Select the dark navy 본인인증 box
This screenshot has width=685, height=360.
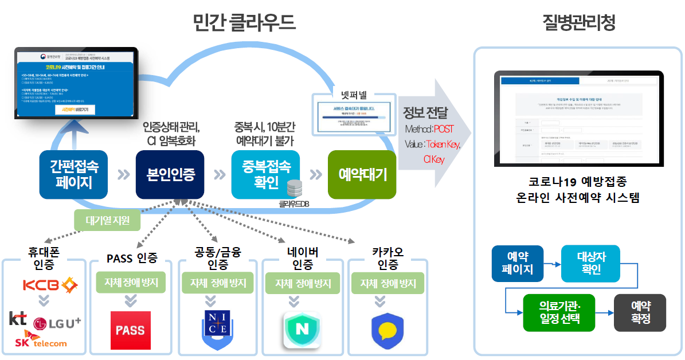[x=170, y=175]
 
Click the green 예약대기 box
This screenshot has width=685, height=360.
[x=362, y=175]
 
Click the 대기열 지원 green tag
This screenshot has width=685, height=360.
[x=108, y=220]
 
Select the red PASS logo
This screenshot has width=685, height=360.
[x=131, y=331]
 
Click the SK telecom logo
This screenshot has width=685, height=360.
[x=41, y=342]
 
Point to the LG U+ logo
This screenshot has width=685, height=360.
[x=57, y=323]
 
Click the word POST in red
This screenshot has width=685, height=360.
[x=443, y=129]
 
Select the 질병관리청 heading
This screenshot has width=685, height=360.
[x=579, y=23]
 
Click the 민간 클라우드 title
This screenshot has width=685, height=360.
[x=244, y=23]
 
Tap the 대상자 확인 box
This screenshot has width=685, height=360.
[x=590, y=264]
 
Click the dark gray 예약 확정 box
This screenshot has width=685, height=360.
[x=640, y=312]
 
